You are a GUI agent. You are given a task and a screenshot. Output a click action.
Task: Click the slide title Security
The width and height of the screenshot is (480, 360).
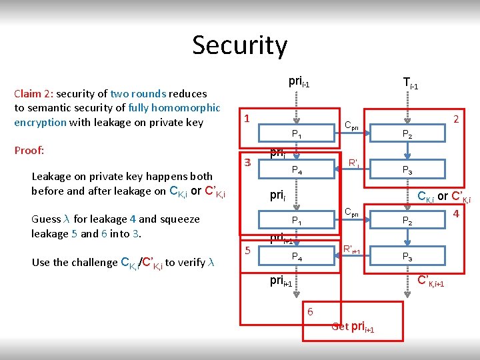pyautogui.click(x=239, y=45)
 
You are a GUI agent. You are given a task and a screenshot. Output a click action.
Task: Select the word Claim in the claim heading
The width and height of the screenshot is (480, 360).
pyautogui.click(x=28, y=94)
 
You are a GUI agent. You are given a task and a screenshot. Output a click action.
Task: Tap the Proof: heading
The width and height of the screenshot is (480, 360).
pyautogui.click(x=29, y=150)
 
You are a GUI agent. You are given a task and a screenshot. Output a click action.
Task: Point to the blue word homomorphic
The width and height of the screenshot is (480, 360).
pyautogui.click(x=187, y=108)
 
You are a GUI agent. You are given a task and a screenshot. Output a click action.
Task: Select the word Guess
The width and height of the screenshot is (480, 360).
pyautogui.click(x=46, y=219)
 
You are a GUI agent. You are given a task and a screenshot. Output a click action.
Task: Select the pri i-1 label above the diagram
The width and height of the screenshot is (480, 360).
pyautogui.click(x=299, y=83)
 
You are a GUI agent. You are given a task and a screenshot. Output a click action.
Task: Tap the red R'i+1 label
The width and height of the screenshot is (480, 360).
pyautogui.click(x=351, y=250)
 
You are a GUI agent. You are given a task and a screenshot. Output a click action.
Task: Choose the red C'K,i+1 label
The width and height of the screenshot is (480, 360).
pyautogui.click(x=434, y=281)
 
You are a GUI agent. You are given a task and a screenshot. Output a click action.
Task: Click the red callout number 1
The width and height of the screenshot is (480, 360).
pyautogui.click(x=247, y=118)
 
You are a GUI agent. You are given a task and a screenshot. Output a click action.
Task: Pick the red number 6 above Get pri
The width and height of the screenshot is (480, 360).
pyautogui.click(x=311, y=311)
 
